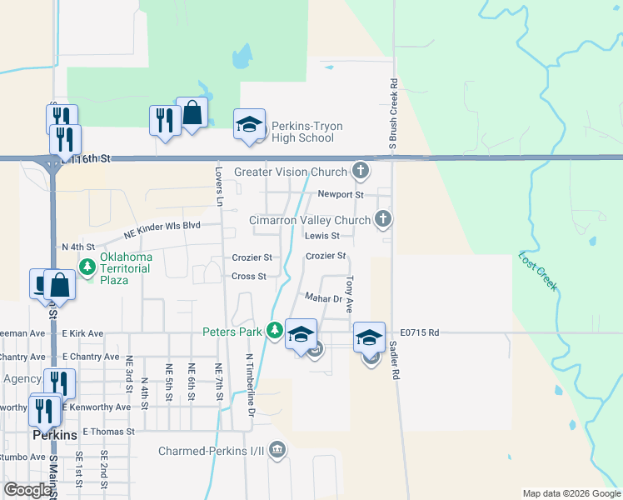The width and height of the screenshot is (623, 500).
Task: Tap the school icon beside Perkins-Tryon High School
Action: (x=248, y=125)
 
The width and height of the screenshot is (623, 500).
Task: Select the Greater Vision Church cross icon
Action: (x=361, y=172)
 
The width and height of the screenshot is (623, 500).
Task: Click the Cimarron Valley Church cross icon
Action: (x=383, y=220)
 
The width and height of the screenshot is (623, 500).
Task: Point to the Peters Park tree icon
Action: (x=274, y=332)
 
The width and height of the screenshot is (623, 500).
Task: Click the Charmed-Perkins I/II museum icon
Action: (x=277, y=452)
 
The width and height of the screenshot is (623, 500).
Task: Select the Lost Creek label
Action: (x=537, y=271)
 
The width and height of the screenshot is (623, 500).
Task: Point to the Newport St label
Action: (x=341, y=194)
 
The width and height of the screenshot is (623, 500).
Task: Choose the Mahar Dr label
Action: (x=323, y=297)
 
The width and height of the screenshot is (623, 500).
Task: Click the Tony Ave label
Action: (x=350, y=294)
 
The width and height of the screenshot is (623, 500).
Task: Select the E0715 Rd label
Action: (x=419, y=332)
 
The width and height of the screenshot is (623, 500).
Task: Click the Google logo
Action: (x=27, y=490)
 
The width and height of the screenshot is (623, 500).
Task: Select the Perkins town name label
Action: (x=54, y=435)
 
